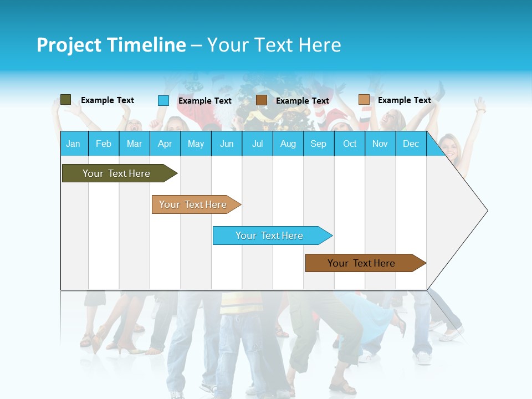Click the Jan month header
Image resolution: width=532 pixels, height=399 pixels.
pos(73,144)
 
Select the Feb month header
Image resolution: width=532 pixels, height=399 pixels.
pos(104,144)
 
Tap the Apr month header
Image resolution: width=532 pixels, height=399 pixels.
pos(165,144)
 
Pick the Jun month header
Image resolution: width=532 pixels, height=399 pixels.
pos(227,144)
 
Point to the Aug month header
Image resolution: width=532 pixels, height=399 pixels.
pos(288,144)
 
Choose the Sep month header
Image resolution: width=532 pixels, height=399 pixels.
pos(319,144)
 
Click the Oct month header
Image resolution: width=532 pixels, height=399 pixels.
pos(350,144)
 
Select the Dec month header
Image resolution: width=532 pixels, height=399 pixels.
pos(411,144)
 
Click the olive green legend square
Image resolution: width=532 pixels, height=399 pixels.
pos(66,100)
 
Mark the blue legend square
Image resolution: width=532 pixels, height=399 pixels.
pos(163,100)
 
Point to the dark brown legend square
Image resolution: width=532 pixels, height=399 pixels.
pos(262,100)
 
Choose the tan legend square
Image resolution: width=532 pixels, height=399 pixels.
pos(364,100)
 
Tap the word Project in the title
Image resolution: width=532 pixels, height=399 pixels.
pos(69,45)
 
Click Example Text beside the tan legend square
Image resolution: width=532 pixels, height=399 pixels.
pos(404,100)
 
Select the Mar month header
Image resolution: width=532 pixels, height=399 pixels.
pos(134,144)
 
